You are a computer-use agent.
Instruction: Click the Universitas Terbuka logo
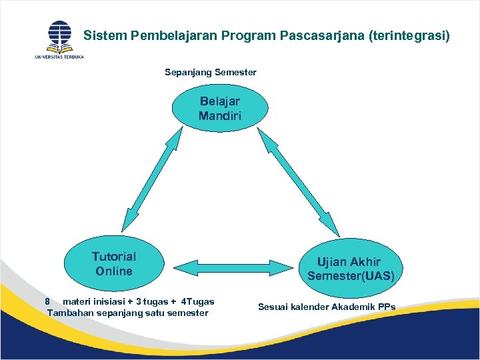59,36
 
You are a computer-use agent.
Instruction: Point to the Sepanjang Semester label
211,72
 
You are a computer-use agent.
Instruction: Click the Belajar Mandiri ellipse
219,109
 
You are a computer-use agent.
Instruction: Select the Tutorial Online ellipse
113,264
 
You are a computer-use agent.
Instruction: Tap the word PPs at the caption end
387,307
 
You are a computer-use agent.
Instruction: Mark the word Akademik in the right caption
353,307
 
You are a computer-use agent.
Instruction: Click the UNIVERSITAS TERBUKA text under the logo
59,57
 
